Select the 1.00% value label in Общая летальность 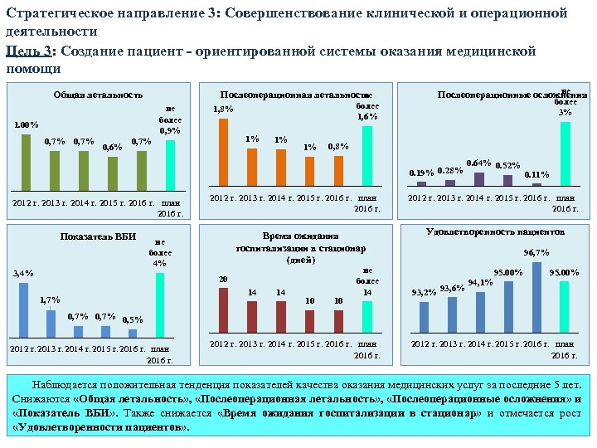(26, 125)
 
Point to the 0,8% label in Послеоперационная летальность (338, 147)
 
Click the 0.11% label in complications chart (537, 174)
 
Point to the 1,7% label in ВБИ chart (50, 299)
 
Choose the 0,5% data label (132, 319)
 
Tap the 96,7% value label (536, 252)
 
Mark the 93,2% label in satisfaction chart (424, 292)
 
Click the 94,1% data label (480, 282)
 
